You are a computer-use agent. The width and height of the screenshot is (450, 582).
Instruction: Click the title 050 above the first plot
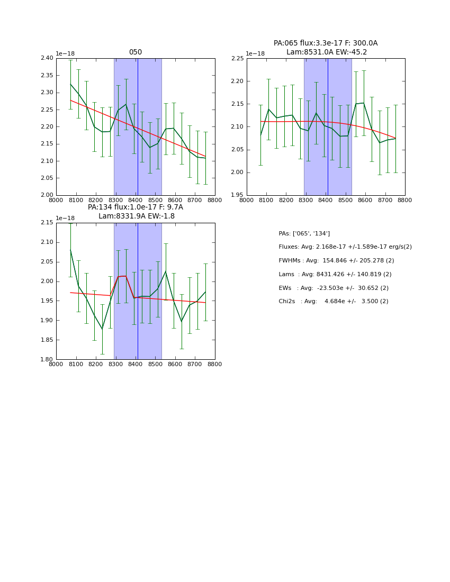(x=136, y=52)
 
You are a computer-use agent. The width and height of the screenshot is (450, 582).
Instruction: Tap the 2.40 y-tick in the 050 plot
(x=47, y=58)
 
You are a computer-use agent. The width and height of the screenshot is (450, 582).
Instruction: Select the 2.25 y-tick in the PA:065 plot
(x=237, y=58)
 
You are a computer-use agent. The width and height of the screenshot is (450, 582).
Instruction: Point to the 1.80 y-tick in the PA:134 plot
(x=47, y=360)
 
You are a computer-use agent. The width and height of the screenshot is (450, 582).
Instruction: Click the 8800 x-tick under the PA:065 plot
(x=405, y=201)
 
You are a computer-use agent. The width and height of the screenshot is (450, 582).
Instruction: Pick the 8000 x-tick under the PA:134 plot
(x=56, y=365)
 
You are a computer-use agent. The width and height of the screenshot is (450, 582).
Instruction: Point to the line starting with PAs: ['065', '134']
(x=304, y=233)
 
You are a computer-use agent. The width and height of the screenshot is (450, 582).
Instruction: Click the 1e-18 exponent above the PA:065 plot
(x=256, y=54)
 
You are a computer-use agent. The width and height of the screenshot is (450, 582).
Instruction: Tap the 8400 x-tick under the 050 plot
(x=136, y=201)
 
